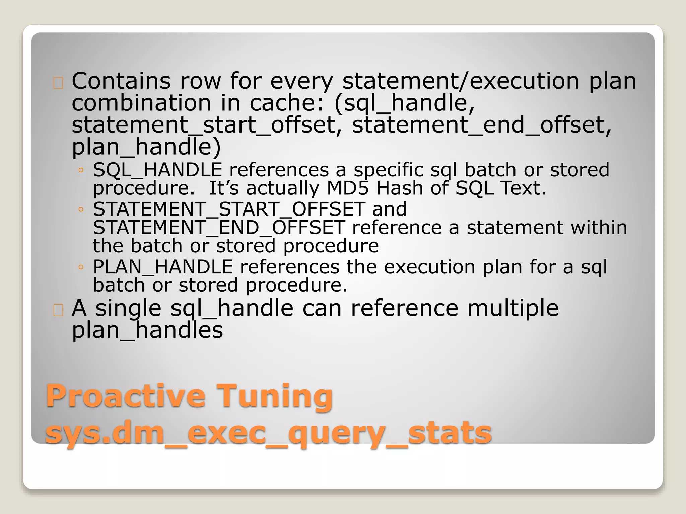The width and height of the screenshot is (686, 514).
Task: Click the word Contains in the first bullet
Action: coord(121,81)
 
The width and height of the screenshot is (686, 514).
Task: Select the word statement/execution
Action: coord(461,81)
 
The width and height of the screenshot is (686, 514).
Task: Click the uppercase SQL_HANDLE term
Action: coord(157,170)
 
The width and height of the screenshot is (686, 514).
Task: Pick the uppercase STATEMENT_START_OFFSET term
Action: coord(229,209)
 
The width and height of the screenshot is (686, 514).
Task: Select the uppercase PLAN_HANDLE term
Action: coord(163,267)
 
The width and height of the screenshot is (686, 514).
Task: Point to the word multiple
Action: coord(513,308)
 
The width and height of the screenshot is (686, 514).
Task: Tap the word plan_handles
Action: coord(147,330)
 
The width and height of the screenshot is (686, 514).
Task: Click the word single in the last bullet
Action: coord(128,308)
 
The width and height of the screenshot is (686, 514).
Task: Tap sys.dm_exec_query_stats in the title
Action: coord(268,433)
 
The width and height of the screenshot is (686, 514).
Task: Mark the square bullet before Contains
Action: coord(58,83)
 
